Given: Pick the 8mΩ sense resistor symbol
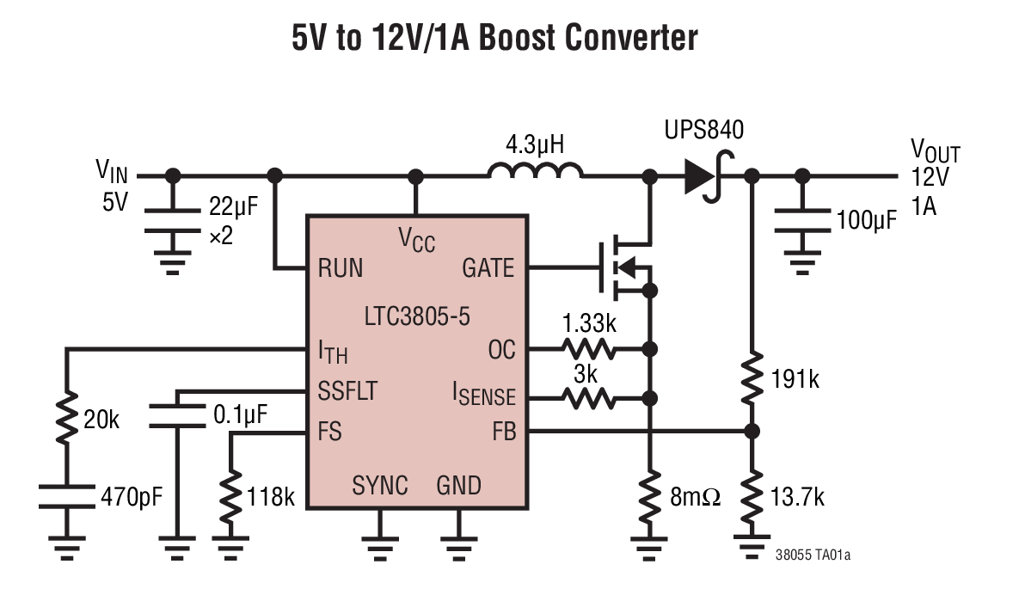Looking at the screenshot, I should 650,497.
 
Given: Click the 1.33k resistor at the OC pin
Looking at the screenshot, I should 589,349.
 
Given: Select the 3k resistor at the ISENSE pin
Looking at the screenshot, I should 589,397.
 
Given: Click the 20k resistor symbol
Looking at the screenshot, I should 66,419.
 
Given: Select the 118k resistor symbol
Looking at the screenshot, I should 230,497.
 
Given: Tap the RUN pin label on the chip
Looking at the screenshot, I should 341,268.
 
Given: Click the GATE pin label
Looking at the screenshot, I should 488,268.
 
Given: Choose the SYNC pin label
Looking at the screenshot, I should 379,486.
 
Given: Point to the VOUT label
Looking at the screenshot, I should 935,153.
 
